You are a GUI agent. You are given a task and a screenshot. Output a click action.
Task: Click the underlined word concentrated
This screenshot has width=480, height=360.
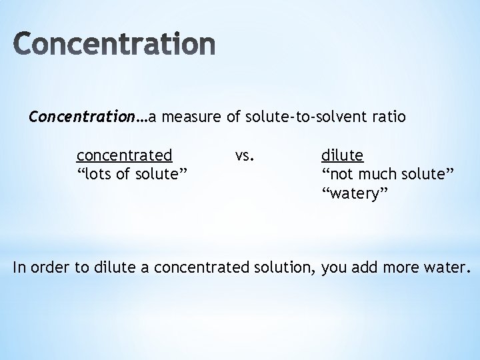point(125,156)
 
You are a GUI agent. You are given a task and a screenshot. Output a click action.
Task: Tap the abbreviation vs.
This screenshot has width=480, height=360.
point(244,156)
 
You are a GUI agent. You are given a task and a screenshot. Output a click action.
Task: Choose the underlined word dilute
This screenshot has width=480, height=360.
point(342,156)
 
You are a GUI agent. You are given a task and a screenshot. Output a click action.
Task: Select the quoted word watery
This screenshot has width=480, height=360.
point(356,193)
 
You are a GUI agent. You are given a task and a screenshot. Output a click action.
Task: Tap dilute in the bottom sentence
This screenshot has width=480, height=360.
point(115,269)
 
